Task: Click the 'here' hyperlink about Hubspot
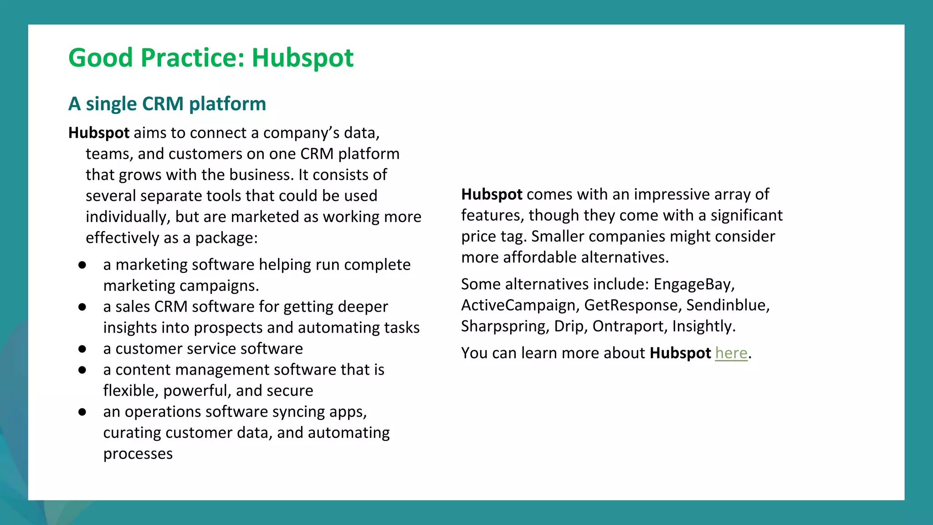tap(731, 353)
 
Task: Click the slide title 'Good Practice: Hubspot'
tap(211, 58)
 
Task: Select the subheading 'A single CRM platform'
tap(167, 104)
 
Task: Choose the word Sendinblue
tap(727, 305)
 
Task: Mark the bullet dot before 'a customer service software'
tap(82, 349)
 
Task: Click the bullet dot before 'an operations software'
tap(82, 412)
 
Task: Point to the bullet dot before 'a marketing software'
tap(82, 265)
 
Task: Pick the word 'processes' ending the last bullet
tap(138, 454)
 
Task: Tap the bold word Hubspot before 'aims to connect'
tap(99, 133)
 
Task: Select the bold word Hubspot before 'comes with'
tap(492, 195)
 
